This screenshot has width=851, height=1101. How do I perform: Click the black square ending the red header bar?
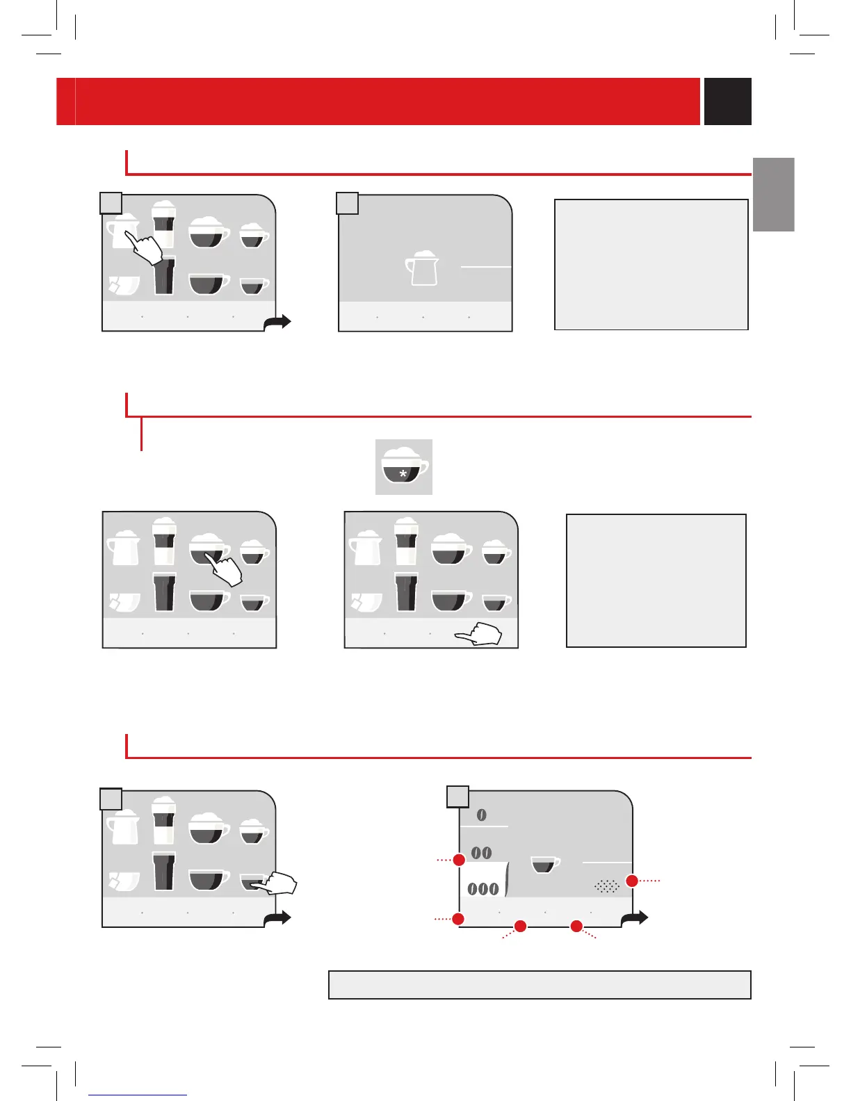[x=727, y=101]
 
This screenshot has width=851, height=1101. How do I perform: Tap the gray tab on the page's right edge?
[x=773, y=194]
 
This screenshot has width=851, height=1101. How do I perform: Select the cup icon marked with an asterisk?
[x=404, y=467]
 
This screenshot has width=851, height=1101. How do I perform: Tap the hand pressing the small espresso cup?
[x=278, y=883]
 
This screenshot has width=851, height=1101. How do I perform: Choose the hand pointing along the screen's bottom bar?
[x=479, y=635]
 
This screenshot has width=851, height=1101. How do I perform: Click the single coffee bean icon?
[x=482, y=815]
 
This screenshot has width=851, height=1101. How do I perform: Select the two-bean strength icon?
[x=482, y=853]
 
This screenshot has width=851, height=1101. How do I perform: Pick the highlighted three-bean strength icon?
[x=483, y=888]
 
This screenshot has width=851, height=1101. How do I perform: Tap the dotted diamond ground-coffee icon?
[x=606, y=886]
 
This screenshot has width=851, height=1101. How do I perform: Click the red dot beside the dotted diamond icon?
[x=632, y=881]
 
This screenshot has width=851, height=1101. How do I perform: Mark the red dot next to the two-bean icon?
[x=459, y=860]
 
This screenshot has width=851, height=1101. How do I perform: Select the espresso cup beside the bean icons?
[x=545, y=865]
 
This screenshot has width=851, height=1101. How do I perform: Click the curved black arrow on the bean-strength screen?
[x=634, y=919]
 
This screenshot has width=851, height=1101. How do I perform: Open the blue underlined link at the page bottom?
[x=138, y=1095]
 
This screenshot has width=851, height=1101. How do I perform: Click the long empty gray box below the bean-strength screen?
[x=540, y=985]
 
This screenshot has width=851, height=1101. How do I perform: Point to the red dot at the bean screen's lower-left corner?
[x=458, y=919]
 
